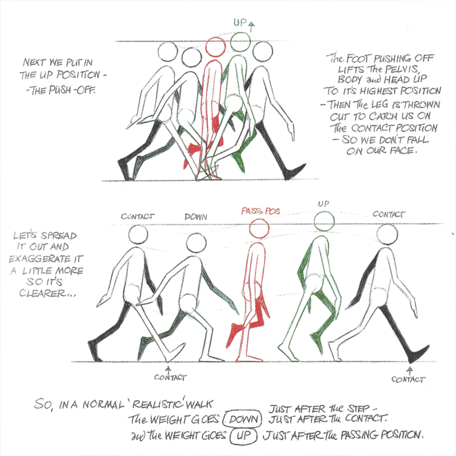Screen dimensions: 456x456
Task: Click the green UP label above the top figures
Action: pyautogui.click(x=240, y=22)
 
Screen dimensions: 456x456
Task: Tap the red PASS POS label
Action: pyautogui.click(x=261, y=211)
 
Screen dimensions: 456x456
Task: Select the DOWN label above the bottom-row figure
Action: pyautogui.click(x=196, y=217)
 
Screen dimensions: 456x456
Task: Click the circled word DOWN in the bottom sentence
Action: pyautogui.click(x=243, y=419)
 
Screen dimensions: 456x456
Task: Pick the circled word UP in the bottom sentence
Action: pyautogui.click(x=244, y=435)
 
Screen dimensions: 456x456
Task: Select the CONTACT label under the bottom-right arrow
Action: pyautogui.click(x=408, y=379)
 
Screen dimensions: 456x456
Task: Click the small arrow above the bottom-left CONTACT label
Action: pyautogui.click(x=168, y=369)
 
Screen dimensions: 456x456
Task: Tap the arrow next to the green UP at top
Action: pyautogui.click(x=252, y=27)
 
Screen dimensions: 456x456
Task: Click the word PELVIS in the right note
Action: pyautogui.click(x=402, y=69)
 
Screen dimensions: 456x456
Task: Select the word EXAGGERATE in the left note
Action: pyautogui.click(x=46, y=259)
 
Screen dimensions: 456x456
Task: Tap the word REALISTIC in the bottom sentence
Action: pyautogui.click(x=159, y=404)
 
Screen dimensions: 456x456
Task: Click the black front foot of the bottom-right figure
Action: pyautogui.click(x=418, y=353)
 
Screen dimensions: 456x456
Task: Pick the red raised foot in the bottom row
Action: pyautogui.click(x=233, y=335)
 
